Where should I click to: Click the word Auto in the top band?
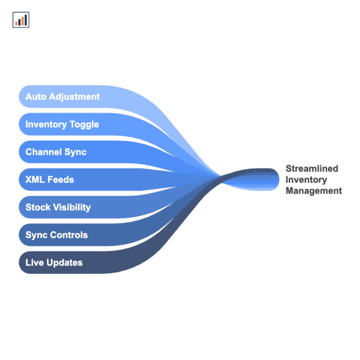pos(36,97)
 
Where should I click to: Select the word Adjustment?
pos(74,97)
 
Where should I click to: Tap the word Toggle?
pos(84,125)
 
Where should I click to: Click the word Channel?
pos(44,152)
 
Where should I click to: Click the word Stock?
pos(38,207)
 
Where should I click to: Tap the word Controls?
pos(69,235)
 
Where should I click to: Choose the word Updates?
pos(64,263)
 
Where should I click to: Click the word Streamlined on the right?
pos(312,168)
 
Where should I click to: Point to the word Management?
pos(314,191)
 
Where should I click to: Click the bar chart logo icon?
pos(21,20)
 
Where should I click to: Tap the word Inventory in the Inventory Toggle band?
pos(46,125)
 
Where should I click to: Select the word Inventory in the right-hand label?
pos(306,180)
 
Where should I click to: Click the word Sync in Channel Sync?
pos(75,153)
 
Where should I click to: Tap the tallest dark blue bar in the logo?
pos(26,20)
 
